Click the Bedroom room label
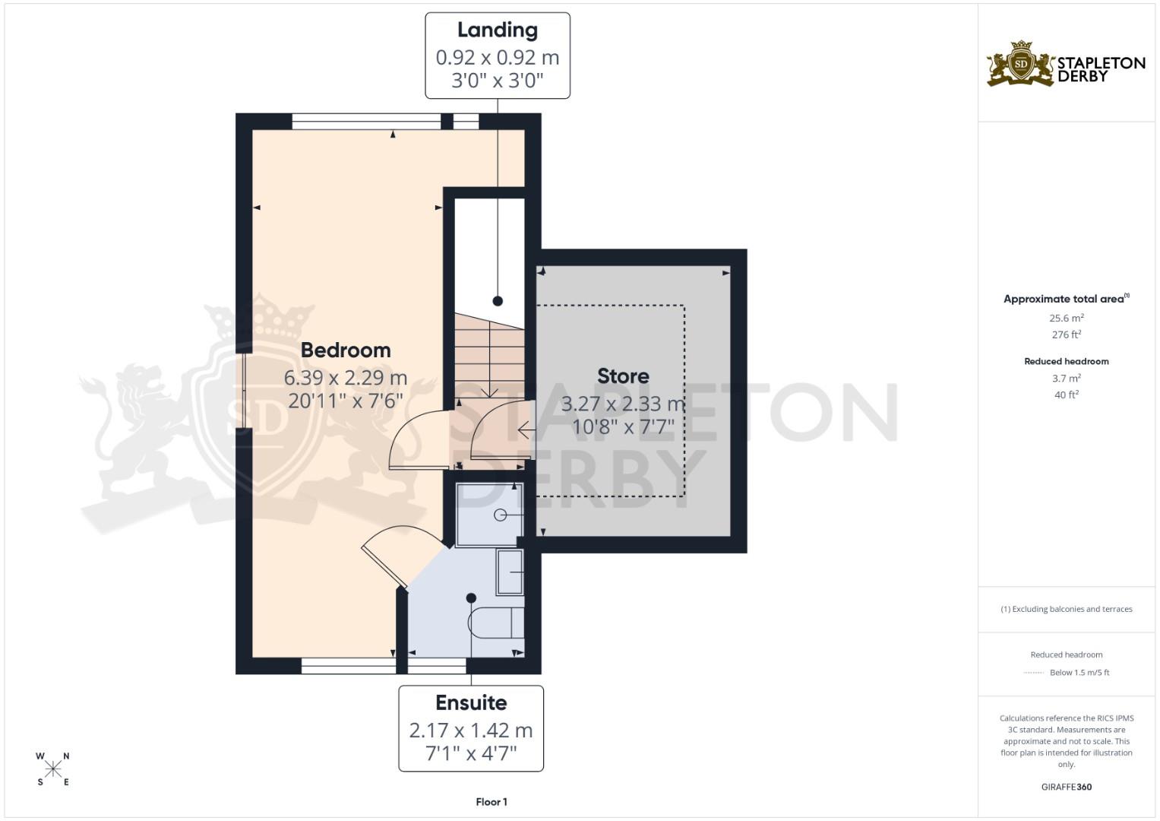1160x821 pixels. tap(346, 350)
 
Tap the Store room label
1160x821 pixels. tap(623, 376)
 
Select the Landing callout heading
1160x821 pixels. tap(498, 30)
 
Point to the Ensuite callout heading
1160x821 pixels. tap(471, 703)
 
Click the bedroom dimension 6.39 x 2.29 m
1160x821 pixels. tap(346, 378)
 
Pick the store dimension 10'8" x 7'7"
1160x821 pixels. tap(623, 427)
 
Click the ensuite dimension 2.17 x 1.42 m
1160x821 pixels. tap(471, 731)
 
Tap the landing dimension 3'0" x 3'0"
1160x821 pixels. tap(498, 81)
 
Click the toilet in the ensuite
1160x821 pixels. tap(495, 623)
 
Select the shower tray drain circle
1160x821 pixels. tap(500, 515)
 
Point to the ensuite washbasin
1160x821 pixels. tap(510, 572)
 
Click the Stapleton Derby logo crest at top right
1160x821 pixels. tap(1021, 64)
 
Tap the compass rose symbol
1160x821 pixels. tap(53, 769)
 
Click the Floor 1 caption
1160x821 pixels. tap(491, 802)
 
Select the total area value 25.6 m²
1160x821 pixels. tap(1067, 319)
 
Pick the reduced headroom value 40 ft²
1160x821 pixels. tap(1067, 395)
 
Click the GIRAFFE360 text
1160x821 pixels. tap(1067, 787)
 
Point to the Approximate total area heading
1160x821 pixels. tap(1064, 299)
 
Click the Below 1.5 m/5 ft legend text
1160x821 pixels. tap(1079, 673)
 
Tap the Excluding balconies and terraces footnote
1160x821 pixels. tap(1067, 609)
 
